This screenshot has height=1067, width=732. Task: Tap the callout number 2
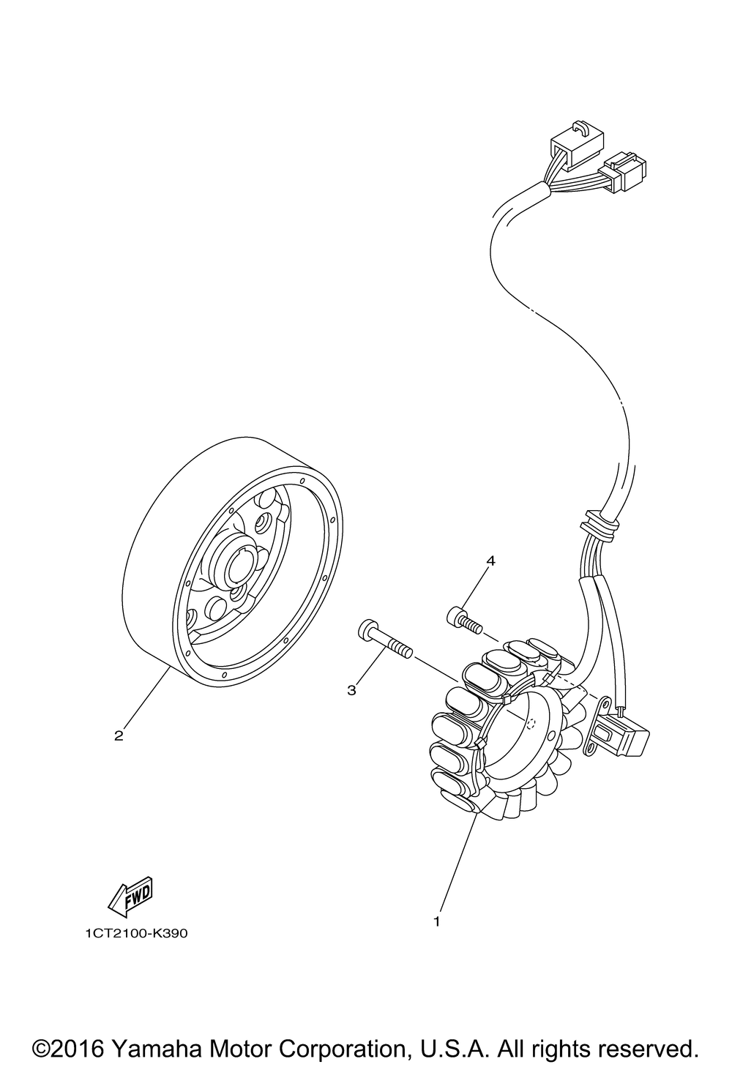point(119,735)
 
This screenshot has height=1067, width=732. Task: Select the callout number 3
point(351,689)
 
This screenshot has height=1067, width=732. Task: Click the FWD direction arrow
point(130,896)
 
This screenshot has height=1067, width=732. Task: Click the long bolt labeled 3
point(384,640)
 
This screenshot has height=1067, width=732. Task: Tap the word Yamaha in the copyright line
point(159,1047)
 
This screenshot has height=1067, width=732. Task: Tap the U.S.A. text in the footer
point(450,1047)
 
